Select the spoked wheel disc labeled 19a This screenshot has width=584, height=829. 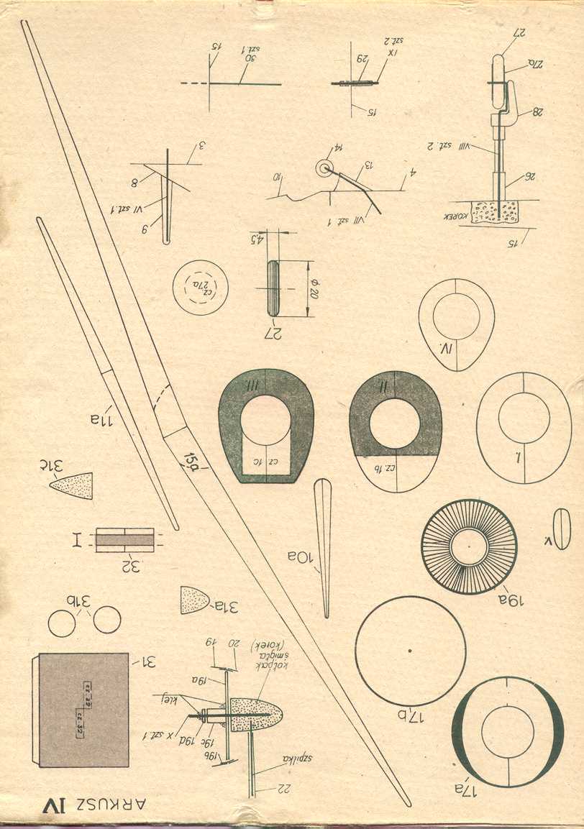[469, 546]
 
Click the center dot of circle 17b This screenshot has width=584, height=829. [410, 651]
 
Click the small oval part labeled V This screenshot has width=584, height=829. [562, 528]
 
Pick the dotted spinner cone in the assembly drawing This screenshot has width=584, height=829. [256, 714]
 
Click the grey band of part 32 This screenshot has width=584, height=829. [124, 539]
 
